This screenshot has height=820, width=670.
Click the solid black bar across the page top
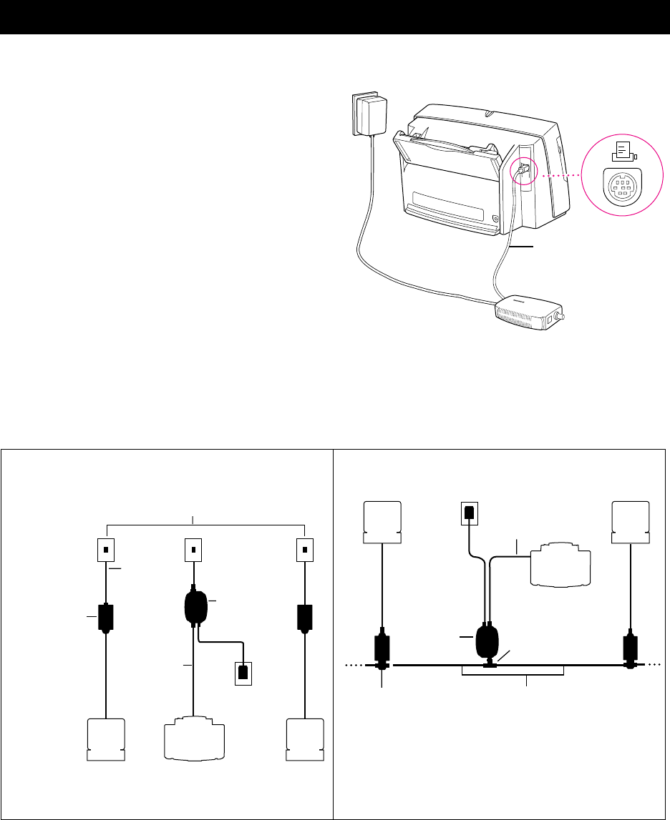point(335,17)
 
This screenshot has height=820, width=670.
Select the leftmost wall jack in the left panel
point(106,551)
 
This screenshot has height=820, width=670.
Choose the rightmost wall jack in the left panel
point(305,551)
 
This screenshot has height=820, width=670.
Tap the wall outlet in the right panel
point(467,513)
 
